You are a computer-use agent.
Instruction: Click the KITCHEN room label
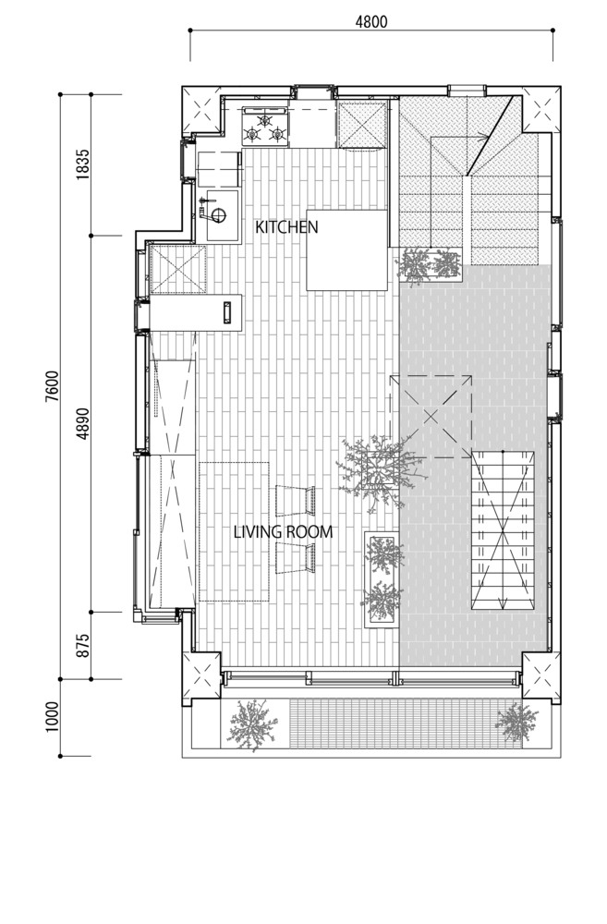pyautogui.click(x=286, y=226)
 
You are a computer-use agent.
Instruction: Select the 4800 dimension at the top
pyautogui.click(x=373, y=20)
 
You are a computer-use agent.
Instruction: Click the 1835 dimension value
pyautogui.click(x=82, y=165)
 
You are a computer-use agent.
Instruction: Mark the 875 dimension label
pyautogui.click(x=82, y=645)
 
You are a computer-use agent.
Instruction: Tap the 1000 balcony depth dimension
pyautogui.click(x=52, y=717)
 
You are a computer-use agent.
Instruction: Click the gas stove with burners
pyautogui.click(x=265, y=127)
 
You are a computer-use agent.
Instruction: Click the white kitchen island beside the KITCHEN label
pyautogui.click(x=346, y=249)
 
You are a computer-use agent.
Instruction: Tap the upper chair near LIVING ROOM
pyautogui.click(x=296, y=500)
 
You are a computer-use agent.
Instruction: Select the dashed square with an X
pyautogui.click(x=431, y=417)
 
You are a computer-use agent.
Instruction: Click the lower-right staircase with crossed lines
pyautogui.click(x=504, y=530)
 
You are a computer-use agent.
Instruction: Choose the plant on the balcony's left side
pyautogui.click(x=252, y=723)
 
